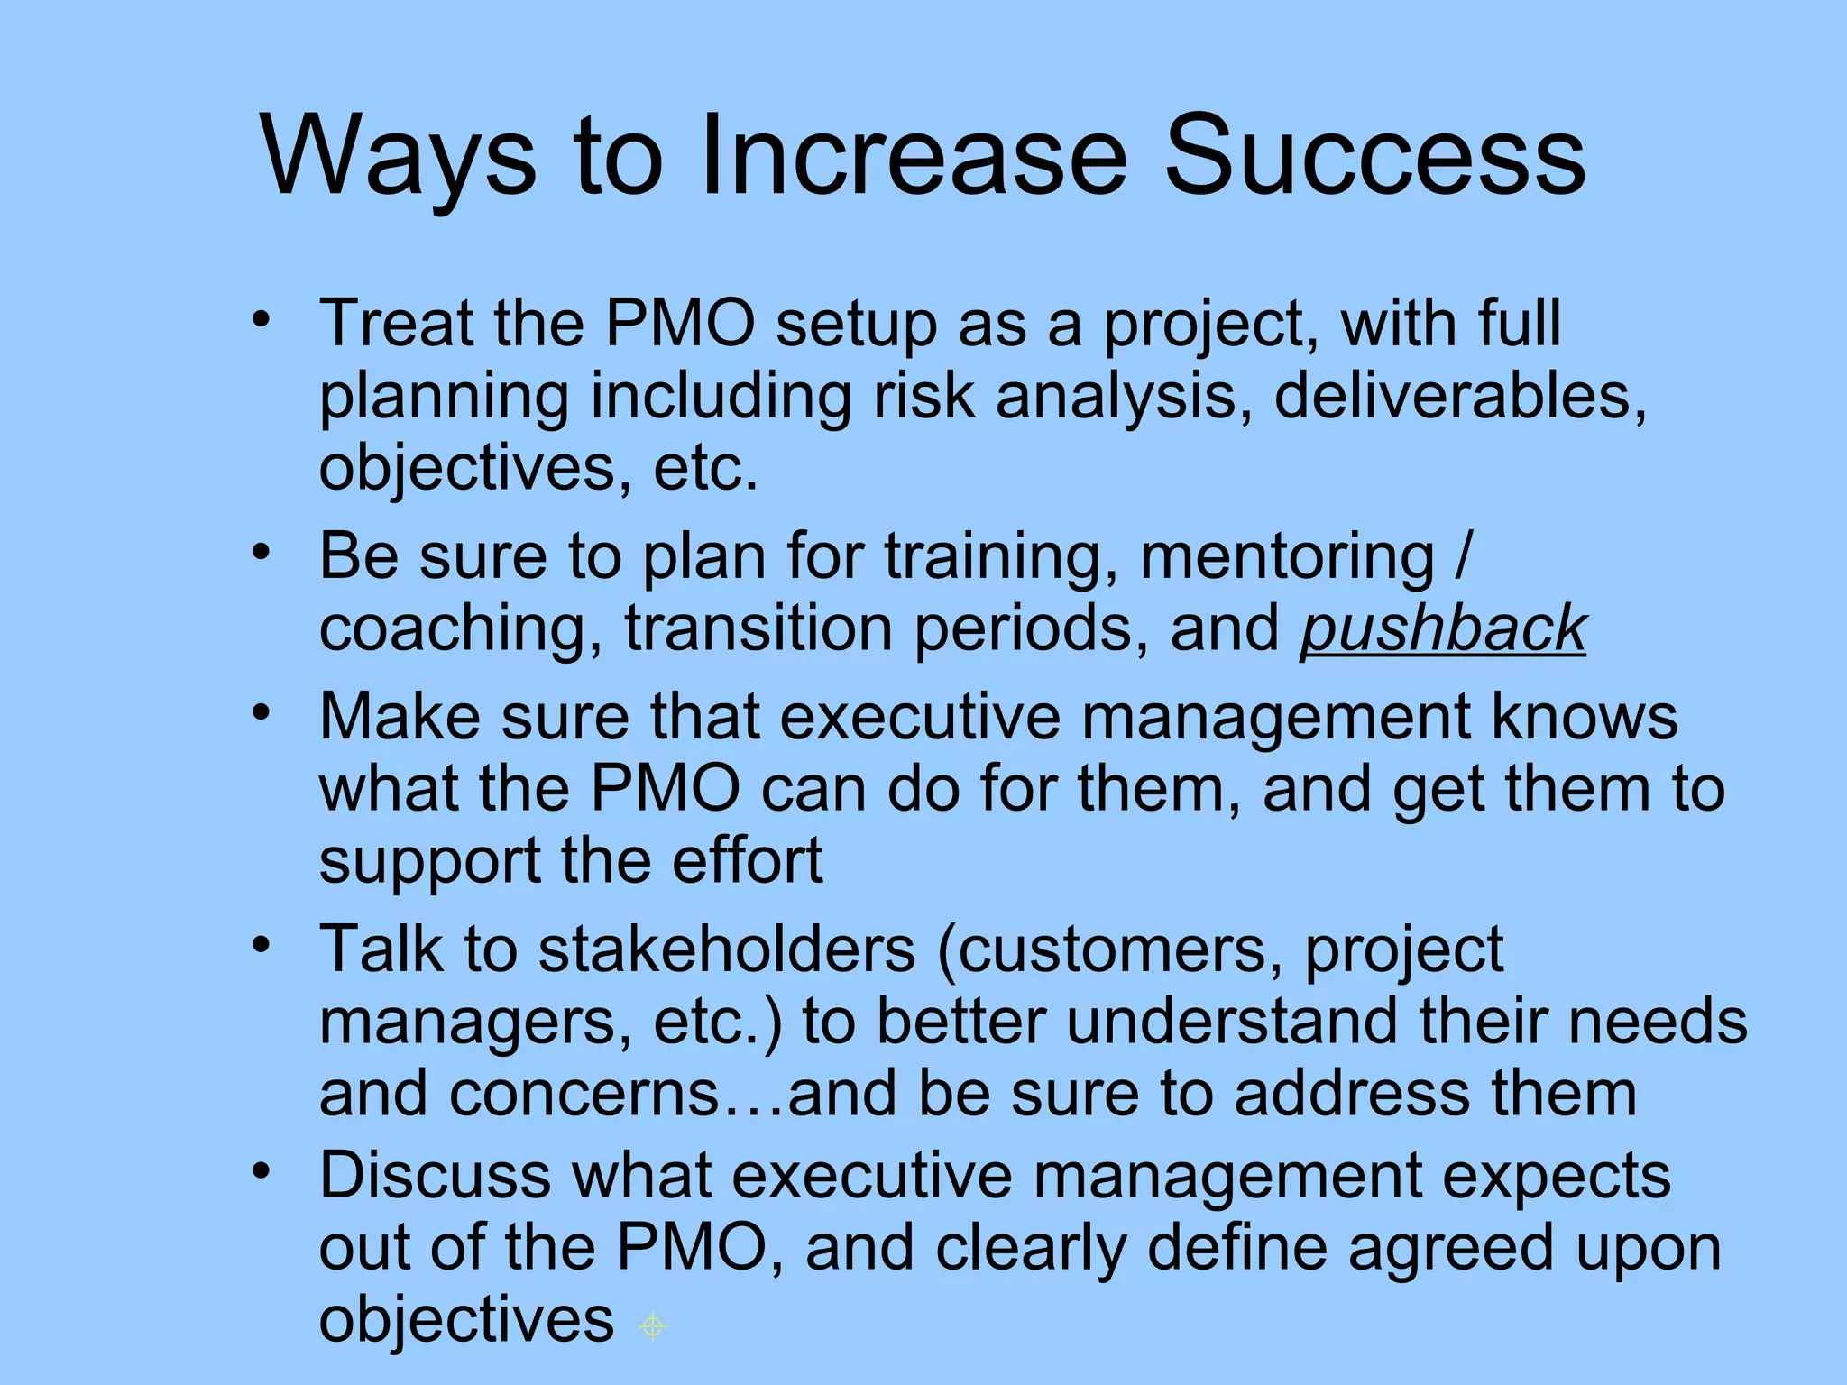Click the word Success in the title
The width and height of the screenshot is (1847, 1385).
coord(1374,155)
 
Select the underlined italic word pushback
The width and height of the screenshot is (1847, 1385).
coord(1442,629)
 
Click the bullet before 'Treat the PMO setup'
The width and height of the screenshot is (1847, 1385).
coord(262,320)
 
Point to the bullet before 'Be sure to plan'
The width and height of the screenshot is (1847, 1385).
coord(262,552)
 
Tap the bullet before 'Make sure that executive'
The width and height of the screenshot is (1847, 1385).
coord(262,713)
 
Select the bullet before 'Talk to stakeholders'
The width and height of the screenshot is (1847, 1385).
coord(262,945)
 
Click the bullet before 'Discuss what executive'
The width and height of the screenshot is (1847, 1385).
coord(262,1171)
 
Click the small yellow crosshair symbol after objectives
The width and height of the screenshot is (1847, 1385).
coord(652,1326)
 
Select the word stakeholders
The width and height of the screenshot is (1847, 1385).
coord(727,949)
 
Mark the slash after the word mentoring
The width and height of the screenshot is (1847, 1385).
coord(1462,556)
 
